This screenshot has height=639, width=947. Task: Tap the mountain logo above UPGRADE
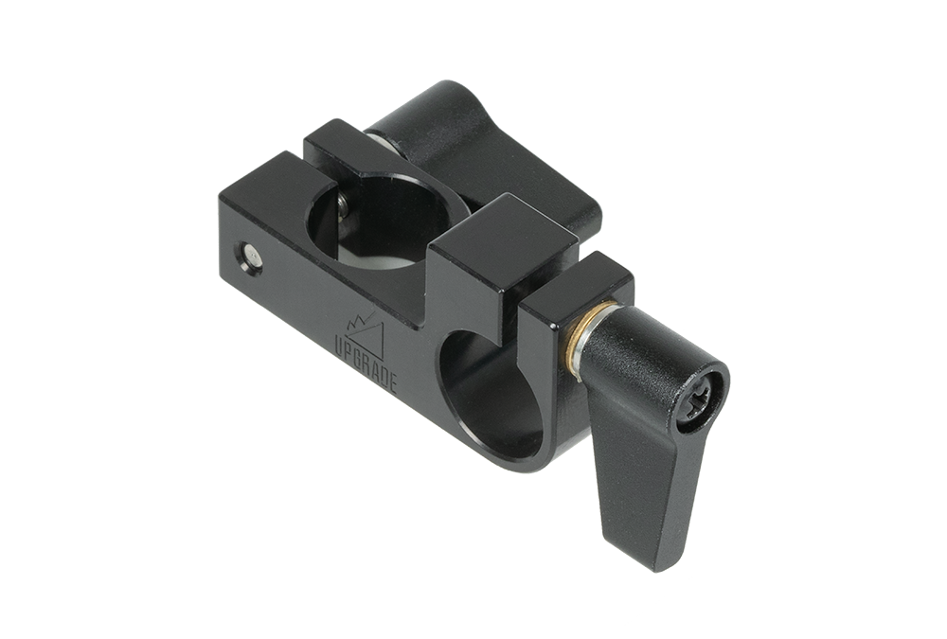[366, 333]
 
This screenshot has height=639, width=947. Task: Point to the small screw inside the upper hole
[343, 209]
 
